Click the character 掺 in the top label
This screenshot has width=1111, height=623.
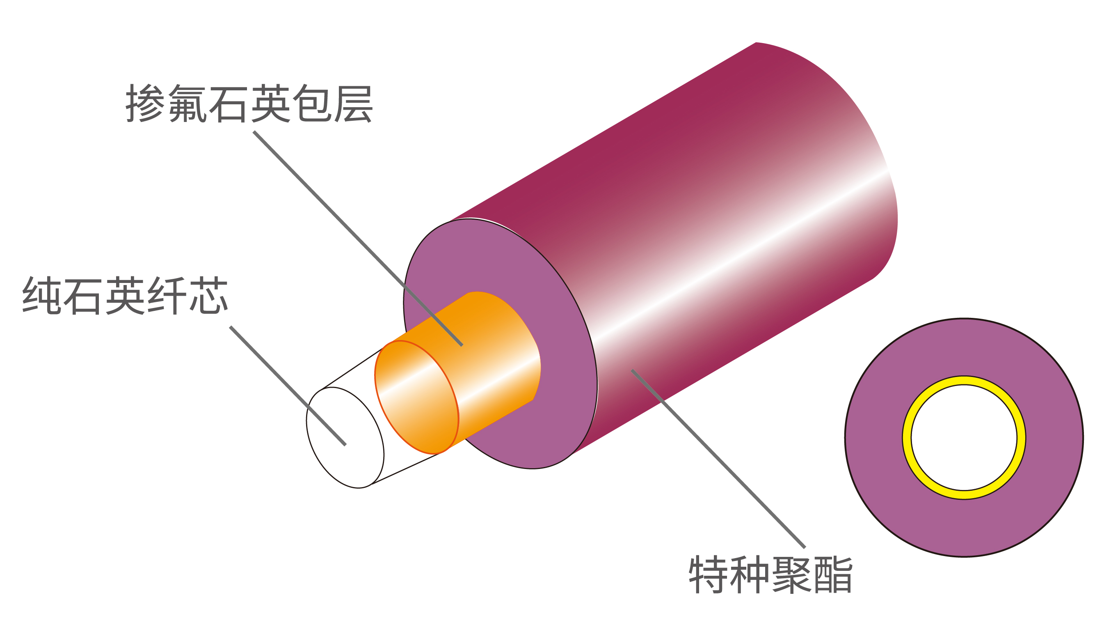click(x=145, y=103)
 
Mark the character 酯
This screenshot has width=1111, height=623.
click(x=833, y=575)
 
